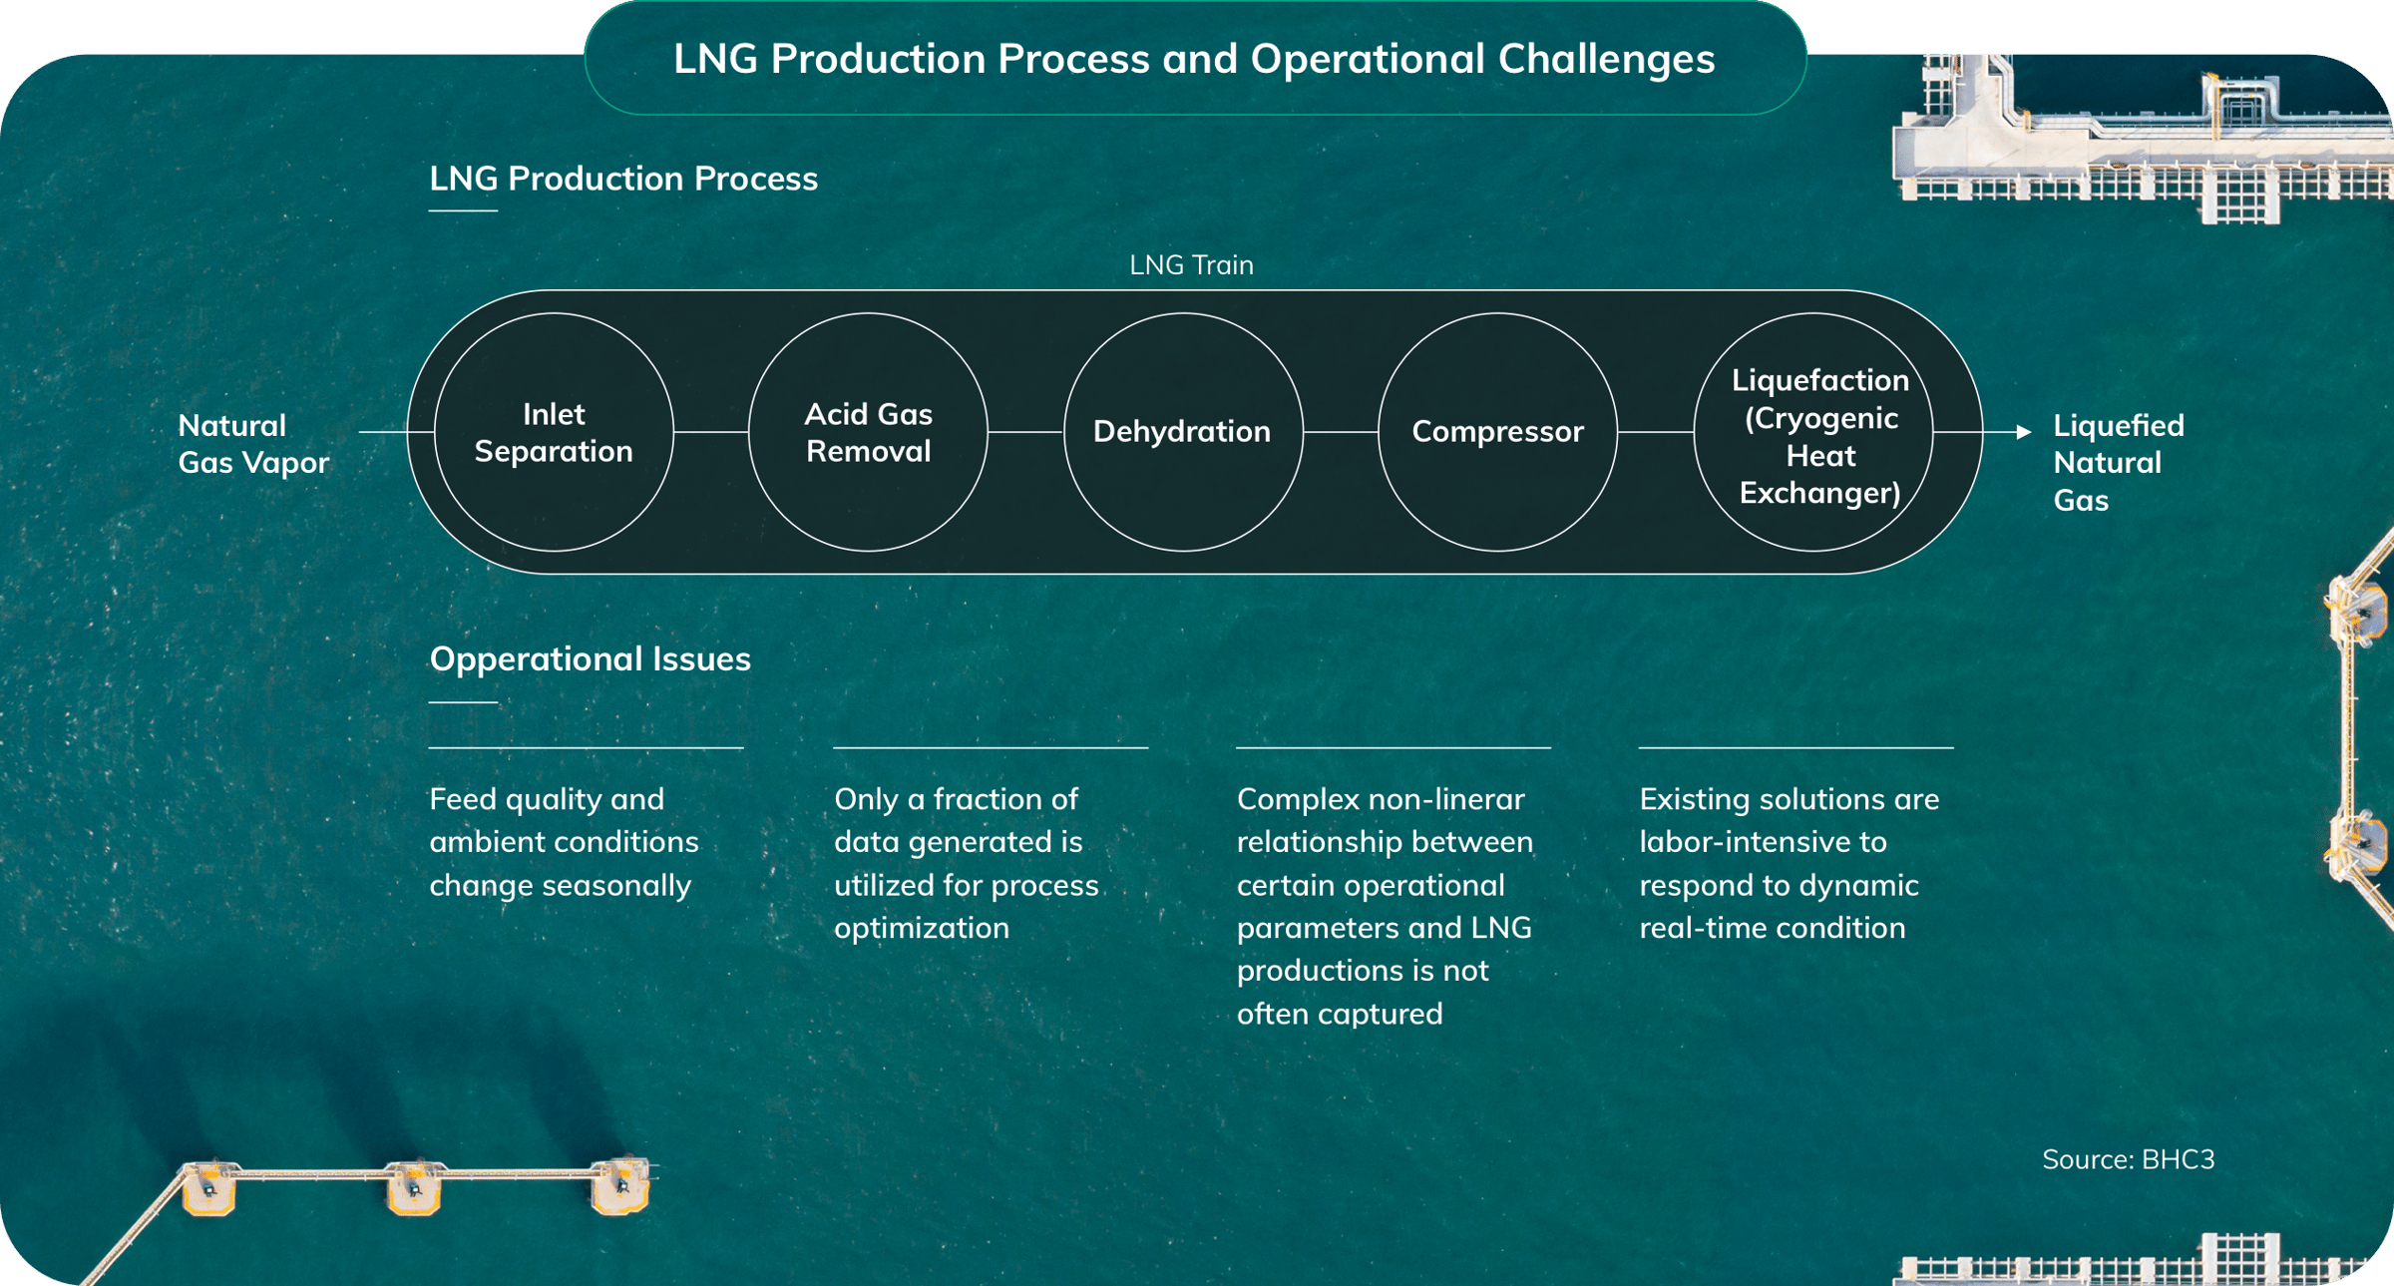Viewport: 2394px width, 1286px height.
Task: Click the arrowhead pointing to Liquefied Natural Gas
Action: click(2024, 432)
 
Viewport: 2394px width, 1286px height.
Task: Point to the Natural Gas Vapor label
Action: click(253, 444)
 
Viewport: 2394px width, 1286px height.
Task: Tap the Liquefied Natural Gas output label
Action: click(2119, 463)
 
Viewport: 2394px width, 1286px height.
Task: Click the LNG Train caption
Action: click(1191, 264)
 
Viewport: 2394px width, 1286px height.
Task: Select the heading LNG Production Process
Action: click(623, 178)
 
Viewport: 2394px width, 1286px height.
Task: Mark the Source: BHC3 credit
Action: click(2128, 1158)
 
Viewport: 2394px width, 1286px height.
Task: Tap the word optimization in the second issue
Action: click(922, 929)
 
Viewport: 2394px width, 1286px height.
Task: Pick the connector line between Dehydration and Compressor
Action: click(1341, 432)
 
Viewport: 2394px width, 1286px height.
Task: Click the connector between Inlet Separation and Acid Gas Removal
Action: click(711, 432)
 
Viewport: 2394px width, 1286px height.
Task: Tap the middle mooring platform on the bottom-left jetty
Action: click(414, 1187)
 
